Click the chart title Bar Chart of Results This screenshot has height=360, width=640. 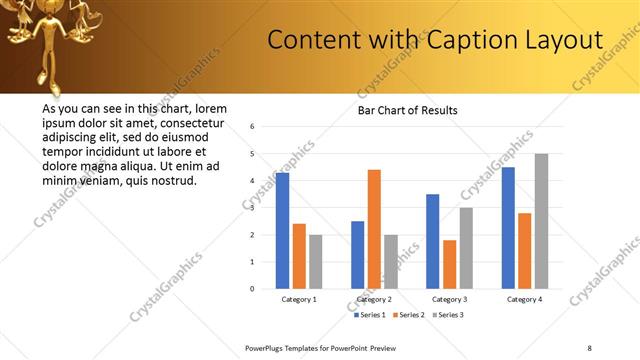coord(407,110)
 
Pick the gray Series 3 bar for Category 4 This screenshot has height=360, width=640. coord(541,221)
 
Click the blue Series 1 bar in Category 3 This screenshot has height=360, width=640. coord(432,241)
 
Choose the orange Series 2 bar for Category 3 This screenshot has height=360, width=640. coord(449,264)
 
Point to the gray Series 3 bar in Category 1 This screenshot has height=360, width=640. coord(316,261)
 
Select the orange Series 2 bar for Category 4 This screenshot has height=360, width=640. coord(524,250)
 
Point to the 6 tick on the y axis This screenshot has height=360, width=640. coord(253,127)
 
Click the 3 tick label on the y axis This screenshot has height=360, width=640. coord(253,208)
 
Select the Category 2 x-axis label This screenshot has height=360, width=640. coord(374,299)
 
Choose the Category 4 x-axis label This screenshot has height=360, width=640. coord(524,299)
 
